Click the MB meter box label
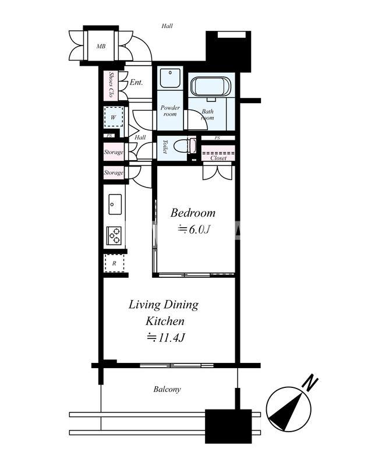[101, 47]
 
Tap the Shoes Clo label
[111, 84]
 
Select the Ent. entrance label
[136, 82]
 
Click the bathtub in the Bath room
[211, 86]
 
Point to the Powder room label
[170, 111]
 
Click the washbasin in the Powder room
[170, 78]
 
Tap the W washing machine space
[113, 117]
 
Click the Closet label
[218, 158]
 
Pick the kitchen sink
[115, 204]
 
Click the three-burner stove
[114, 236]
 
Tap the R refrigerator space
[114, 263]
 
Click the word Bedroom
[193, 213]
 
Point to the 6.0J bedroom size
[194, 230]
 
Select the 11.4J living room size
[167, 338]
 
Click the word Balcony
[167, 389]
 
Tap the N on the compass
[310, 383]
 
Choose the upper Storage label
[114, 152]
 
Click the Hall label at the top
[167, 26]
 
